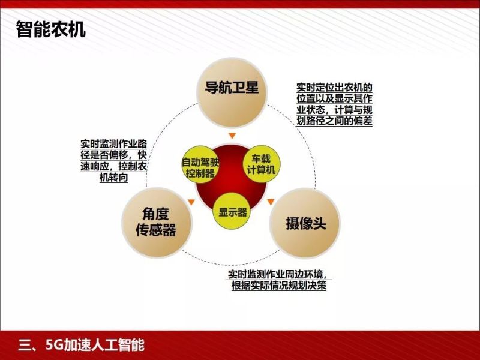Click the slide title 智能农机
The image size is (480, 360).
pyautogui.click(x=51, y=29)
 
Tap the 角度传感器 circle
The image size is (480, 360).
pyautogui.click(x=158, y=221)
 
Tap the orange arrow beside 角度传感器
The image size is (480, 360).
pyautogui.click(x=191, y=202)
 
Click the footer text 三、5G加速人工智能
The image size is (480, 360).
pyautogui.click(x=82, y=345)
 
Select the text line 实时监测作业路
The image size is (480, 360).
pyautogui.click(x=114, y=144)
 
